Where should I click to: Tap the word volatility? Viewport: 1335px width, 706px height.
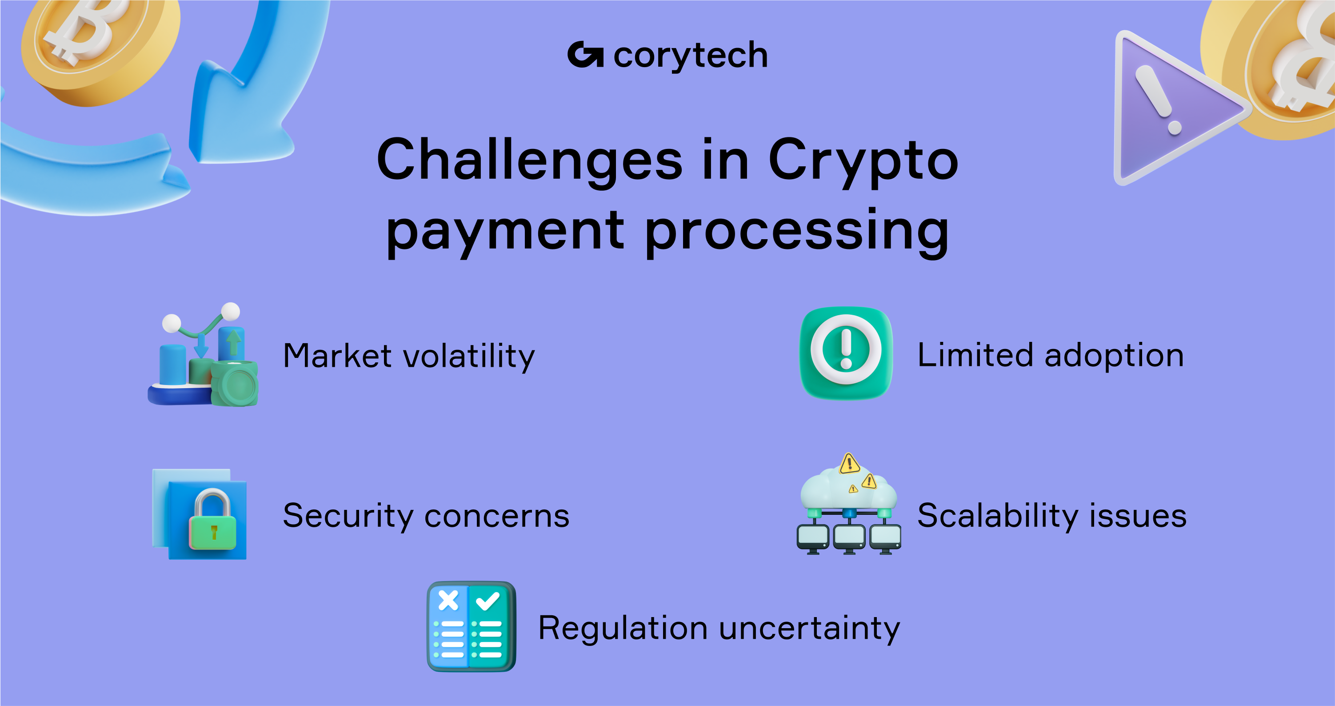tap(469, 357)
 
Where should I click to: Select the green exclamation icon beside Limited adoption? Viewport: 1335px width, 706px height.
tap(846, 353)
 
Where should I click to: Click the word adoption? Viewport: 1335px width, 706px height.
tap(1114, 356)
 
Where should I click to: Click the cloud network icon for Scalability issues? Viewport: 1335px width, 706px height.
tap(848, 505)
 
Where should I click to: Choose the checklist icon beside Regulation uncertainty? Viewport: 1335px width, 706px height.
tap(471, 626)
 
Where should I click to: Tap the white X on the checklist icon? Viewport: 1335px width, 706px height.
tap(448, 601)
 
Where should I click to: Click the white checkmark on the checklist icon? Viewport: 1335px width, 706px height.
tap(488, 601)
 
